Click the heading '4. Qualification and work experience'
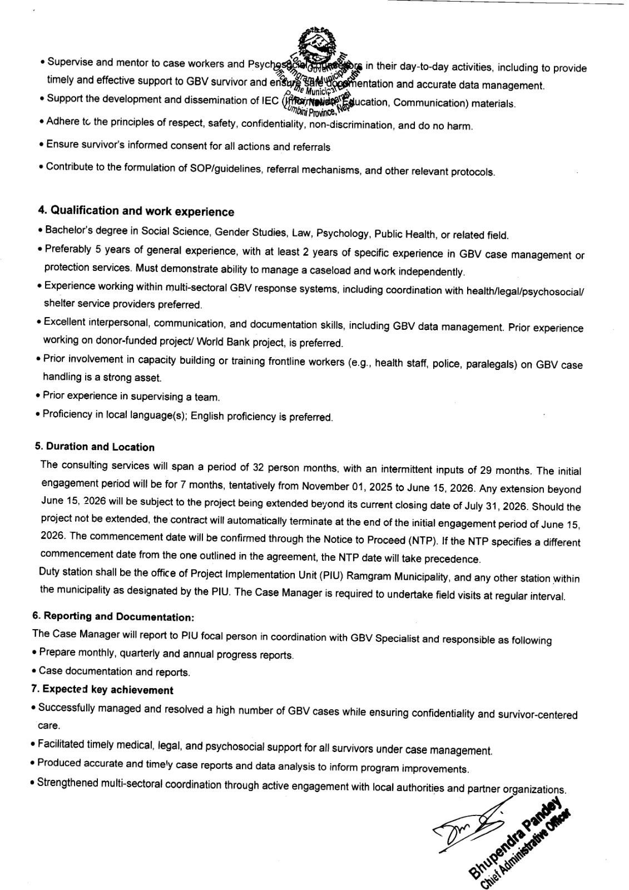pyautogui.click(x=136, y=211)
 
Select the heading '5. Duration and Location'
pyautogui.click(x=95, y=447)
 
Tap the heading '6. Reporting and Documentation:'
pyautogui.click(x=113, y=616)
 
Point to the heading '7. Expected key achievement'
pyautogui.click(x=102, y=690)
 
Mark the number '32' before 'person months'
pyautogui.click(x=259, y=467)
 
